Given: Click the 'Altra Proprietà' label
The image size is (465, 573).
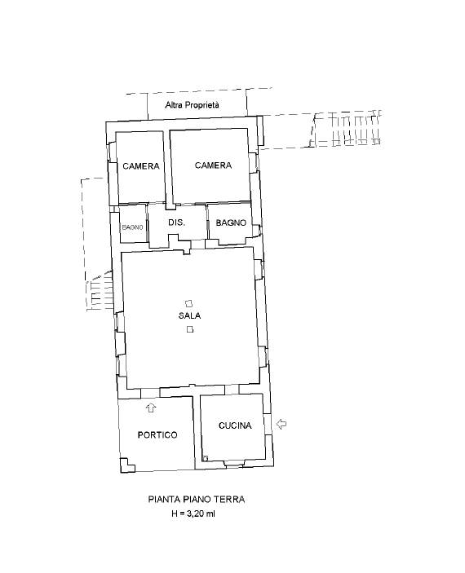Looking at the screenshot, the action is pos(192,105).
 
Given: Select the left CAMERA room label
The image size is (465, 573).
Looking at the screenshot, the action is pos(141,166).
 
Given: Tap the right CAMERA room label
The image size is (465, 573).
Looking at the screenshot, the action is pos(213,165).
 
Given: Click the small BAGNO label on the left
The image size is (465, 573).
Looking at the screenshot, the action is pos(132,227).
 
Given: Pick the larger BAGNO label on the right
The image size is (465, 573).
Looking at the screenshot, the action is pos(231,223).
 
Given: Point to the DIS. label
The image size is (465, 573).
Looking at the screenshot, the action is pos(177,223).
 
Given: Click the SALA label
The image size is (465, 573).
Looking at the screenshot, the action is pos(189,315).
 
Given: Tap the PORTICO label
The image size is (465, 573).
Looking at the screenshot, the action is pos(157,435).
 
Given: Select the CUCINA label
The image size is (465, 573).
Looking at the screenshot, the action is pos(235,425).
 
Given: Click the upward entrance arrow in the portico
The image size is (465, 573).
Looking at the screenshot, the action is pos(151,408).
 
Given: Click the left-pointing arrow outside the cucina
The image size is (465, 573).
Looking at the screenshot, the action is pos(281,424).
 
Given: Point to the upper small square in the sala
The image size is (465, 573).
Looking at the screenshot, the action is pos(188,303).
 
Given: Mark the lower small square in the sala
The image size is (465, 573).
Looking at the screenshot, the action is pos(189,329).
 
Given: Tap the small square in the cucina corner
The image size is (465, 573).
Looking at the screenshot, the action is pos(206,458).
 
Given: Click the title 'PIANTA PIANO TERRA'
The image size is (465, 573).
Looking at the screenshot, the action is pos(196,499).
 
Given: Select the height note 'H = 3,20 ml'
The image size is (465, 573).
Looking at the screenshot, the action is pos(193,513).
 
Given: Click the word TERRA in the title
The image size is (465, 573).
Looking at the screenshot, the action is pos(230,499).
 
